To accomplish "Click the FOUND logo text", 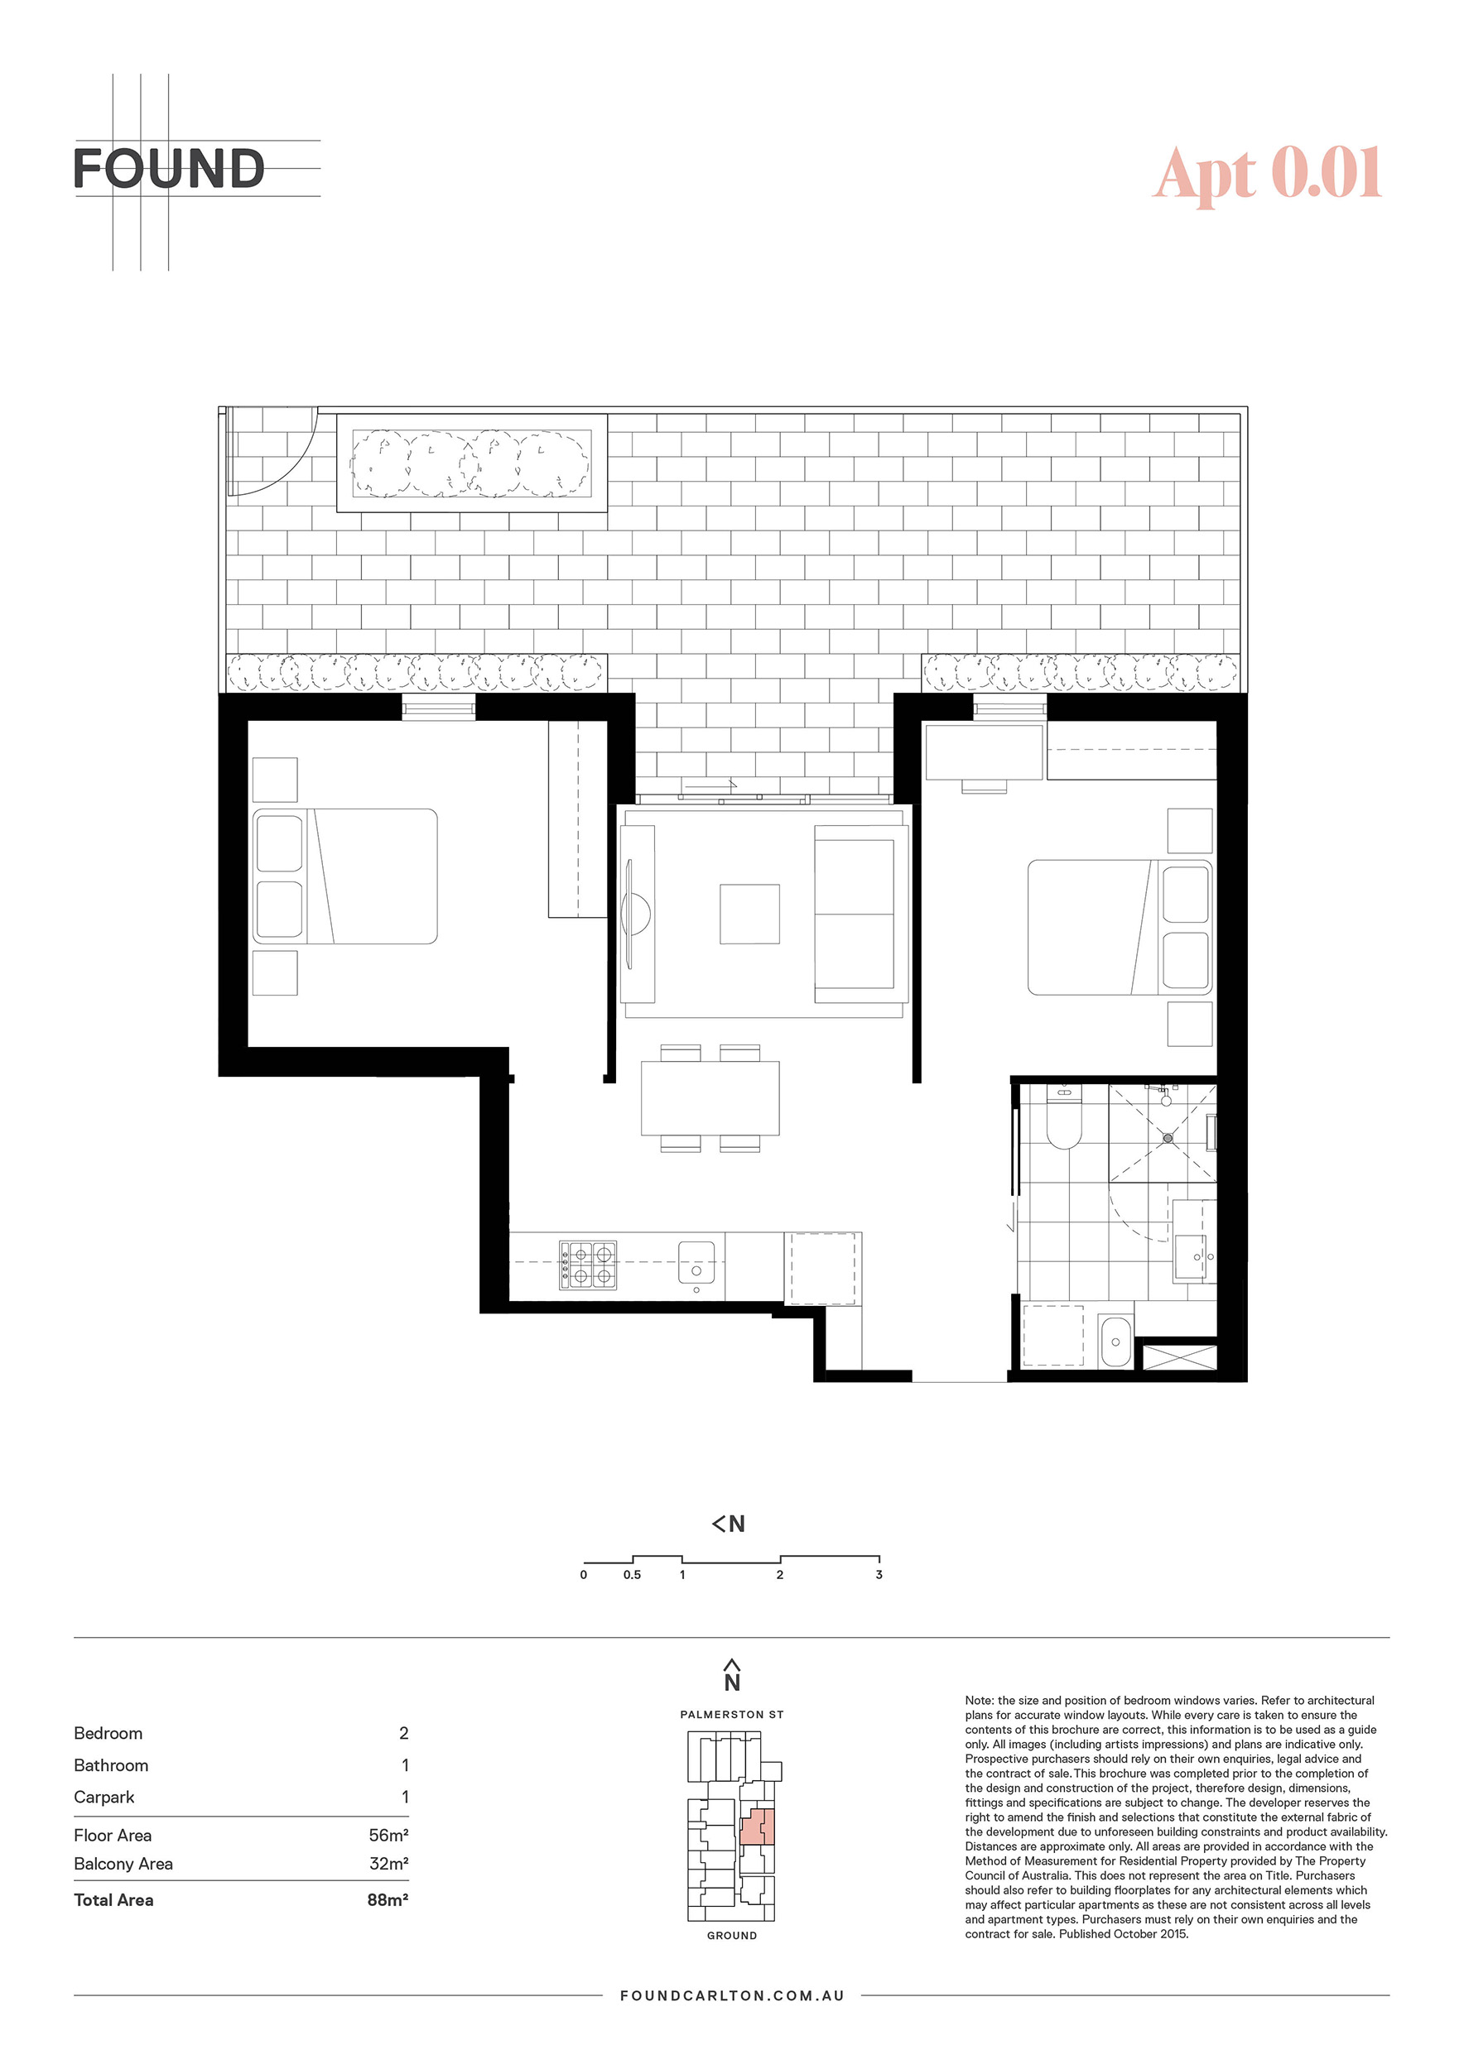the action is coord(169,169).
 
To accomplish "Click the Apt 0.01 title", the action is coord(1268,173).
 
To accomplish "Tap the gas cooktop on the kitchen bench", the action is coord(588,1265).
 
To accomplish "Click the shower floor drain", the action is coord(1168,1138).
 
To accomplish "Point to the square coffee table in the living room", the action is coord(749,914).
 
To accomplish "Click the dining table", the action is coord(710,1097).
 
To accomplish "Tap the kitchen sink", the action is coord(696,1261).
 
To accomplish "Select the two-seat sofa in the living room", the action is coord(860,914).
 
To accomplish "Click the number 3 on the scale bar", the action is coord(879,1575).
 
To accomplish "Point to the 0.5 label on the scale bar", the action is coord(632,1575).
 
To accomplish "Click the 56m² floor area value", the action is coord(388,1836).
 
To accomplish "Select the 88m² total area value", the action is coord(388,1900).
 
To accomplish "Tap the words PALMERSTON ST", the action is coord(732,1715).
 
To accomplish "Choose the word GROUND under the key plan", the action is coord(732,1936).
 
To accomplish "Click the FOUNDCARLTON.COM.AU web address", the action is coord(732,1996).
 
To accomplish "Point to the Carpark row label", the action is coord(104,1797).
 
